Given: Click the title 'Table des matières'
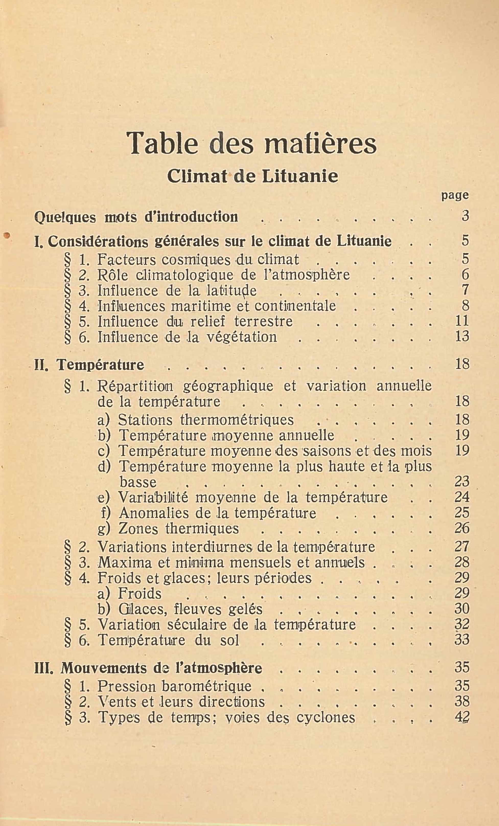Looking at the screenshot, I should [252, 143].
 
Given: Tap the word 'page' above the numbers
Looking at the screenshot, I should [455, 195].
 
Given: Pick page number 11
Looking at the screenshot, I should [462, 321].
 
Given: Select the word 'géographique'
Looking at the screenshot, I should [228, 386].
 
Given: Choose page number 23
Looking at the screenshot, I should [462, 481].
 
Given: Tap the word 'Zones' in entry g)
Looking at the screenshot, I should [138, 529].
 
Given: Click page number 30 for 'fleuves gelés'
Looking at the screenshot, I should [462, 608].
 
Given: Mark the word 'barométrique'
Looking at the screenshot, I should [206, 686].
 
